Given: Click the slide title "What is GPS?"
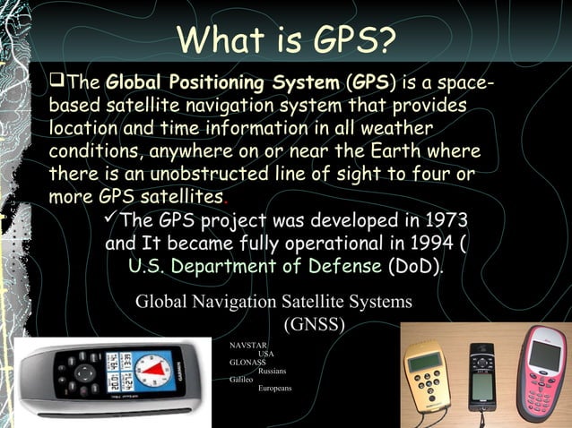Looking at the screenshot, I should point(286,39).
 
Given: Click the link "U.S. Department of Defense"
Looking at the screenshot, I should point(256,266).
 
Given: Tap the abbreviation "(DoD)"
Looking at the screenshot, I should point(414,266).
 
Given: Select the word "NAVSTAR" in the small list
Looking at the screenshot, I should point(248,345).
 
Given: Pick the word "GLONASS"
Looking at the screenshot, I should point(247,363).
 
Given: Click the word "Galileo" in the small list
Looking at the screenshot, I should point(241,380).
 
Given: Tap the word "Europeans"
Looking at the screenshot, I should point(274,389).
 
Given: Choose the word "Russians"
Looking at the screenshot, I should point(273,371).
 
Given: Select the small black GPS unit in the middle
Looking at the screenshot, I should point(481,372).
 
